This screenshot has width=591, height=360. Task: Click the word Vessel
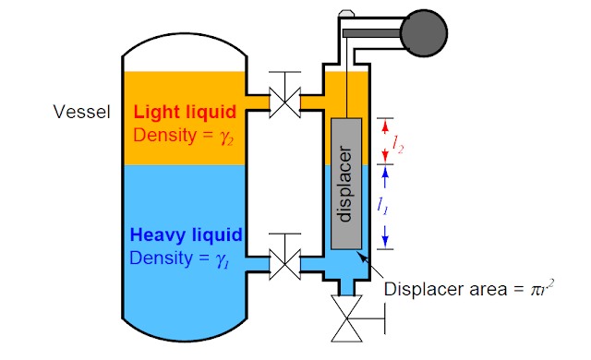82,113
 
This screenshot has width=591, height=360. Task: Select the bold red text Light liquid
186,113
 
